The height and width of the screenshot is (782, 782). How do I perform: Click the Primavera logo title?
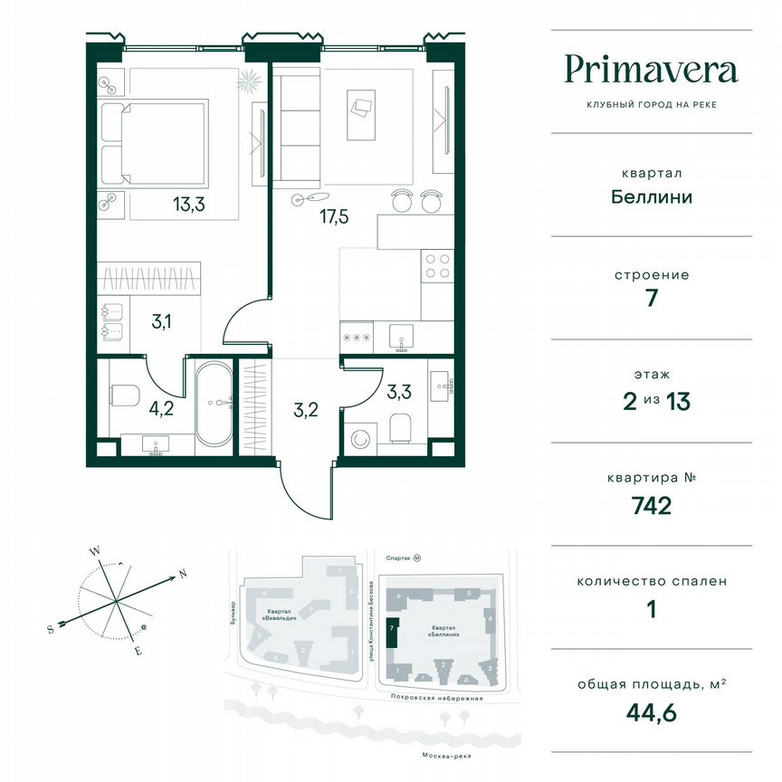(x=651, y=70)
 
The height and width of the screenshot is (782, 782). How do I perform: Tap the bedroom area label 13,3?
(x=189, y=205)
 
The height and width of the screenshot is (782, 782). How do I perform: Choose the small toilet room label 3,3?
(x=399, y=393)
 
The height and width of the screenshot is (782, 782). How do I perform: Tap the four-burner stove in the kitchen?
(x=436, y=264)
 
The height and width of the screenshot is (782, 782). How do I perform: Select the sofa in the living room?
(x=292, y=127)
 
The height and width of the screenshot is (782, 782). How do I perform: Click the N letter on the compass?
(x=182, y=573)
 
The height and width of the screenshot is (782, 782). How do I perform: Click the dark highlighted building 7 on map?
(x=391, y=632)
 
